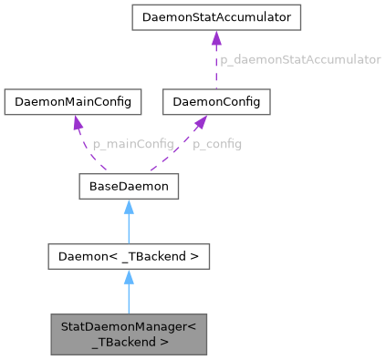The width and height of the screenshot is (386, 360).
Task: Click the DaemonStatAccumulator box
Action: click(x=215, y=17)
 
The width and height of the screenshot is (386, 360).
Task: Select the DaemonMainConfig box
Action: click(x=73, y=102)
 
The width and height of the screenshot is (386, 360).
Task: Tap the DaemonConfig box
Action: click(x=216, y=102)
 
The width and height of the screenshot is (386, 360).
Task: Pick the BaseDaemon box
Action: click(x=128, y=188)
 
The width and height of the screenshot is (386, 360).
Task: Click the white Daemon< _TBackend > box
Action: click(x=129, y=257)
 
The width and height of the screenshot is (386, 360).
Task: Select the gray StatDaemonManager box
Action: click(x=129, y=334)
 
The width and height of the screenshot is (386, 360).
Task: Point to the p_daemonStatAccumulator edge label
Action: click(x=298, y=59)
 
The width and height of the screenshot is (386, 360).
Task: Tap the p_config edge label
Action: click(x=216, y=144)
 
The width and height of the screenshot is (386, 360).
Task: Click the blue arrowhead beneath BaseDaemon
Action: click(x=129, y=209)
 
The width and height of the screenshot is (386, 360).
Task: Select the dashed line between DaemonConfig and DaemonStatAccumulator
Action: click(x=215, y=68)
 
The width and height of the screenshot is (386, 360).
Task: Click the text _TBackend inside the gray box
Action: click(x=129, y=343)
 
